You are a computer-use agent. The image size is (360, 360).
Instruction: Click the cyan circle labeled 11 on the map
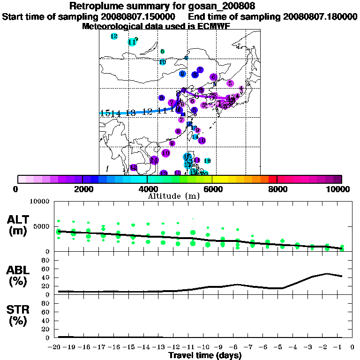[x=132, y=42]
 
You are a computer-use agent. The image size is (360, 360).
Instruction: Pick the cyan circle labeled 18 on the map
[x=207, y=161]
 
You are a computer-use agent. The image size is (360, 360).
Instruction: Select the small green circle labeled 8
[x=163, y=52]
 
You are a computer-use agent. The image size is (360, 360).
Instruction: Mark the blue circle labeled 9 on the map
[x=182, y=74]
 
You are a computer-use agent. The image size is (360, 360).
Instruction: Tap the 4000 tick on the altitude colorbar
[x=147, y=189]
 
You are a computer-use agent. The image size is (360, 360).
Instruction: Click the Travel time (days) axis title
[x=205, y=355]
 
